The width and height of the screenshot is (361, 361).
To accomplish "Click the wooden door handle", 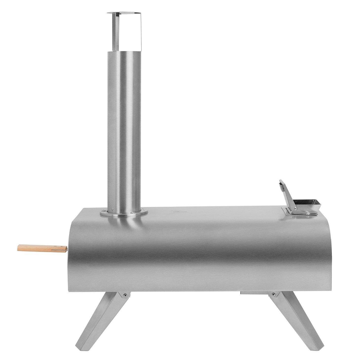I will [41, 248].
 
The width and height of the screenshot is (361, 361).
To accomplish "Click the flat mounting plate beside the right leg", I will [253, 293].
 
